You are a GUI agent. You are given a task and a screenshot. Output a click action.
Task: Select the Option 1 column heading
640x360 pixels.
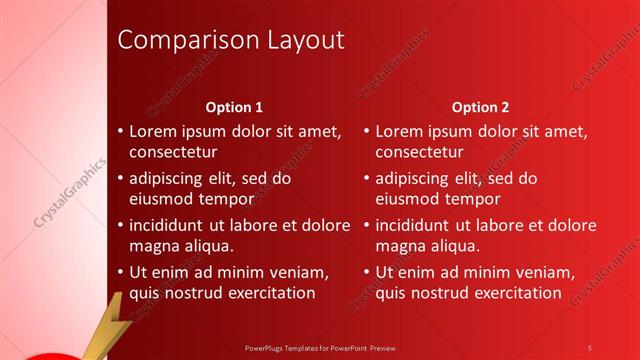click(x=234, y=106)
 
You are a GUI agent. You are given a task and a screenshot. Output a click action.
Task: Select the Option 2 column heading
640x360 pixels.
click(x=480, y=106)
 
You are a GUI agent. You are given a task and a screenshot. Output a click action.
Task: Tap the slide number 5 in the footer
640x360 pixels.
click(x=590, y=347)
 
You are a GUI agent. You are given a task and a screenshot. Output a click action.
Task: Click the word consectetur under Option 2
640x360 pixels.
click(x=419, y=152)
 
